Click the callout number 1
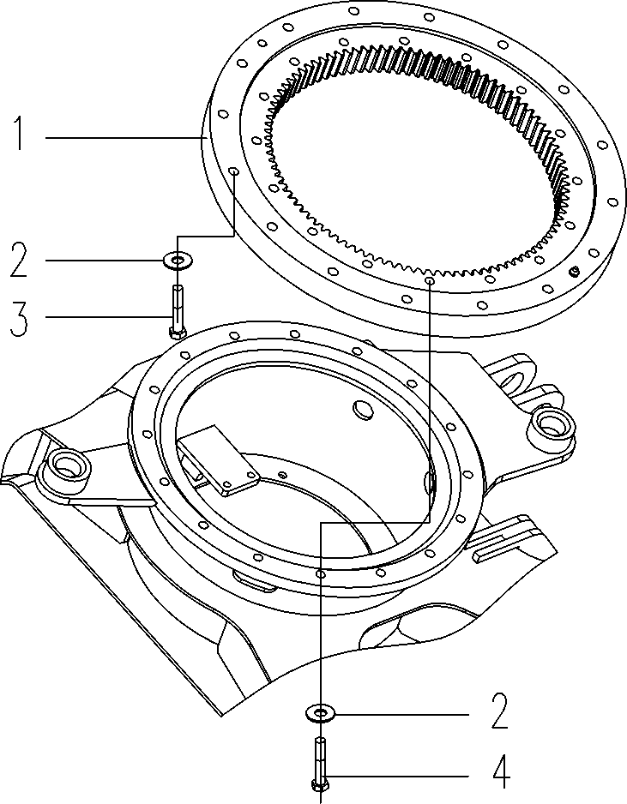(19, 135)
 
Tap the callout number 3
(19, 316)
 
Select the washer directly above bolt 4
(320, 711)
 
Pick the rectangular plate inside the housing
(219, 463)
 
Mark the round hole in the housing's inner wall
(363, 411)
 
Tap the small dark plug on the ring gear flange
(574, 273)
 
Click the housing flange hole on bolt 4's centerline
(320, 573)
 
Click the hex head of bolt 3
(177, 330)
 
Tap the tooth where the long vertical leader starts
(428, 276)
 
